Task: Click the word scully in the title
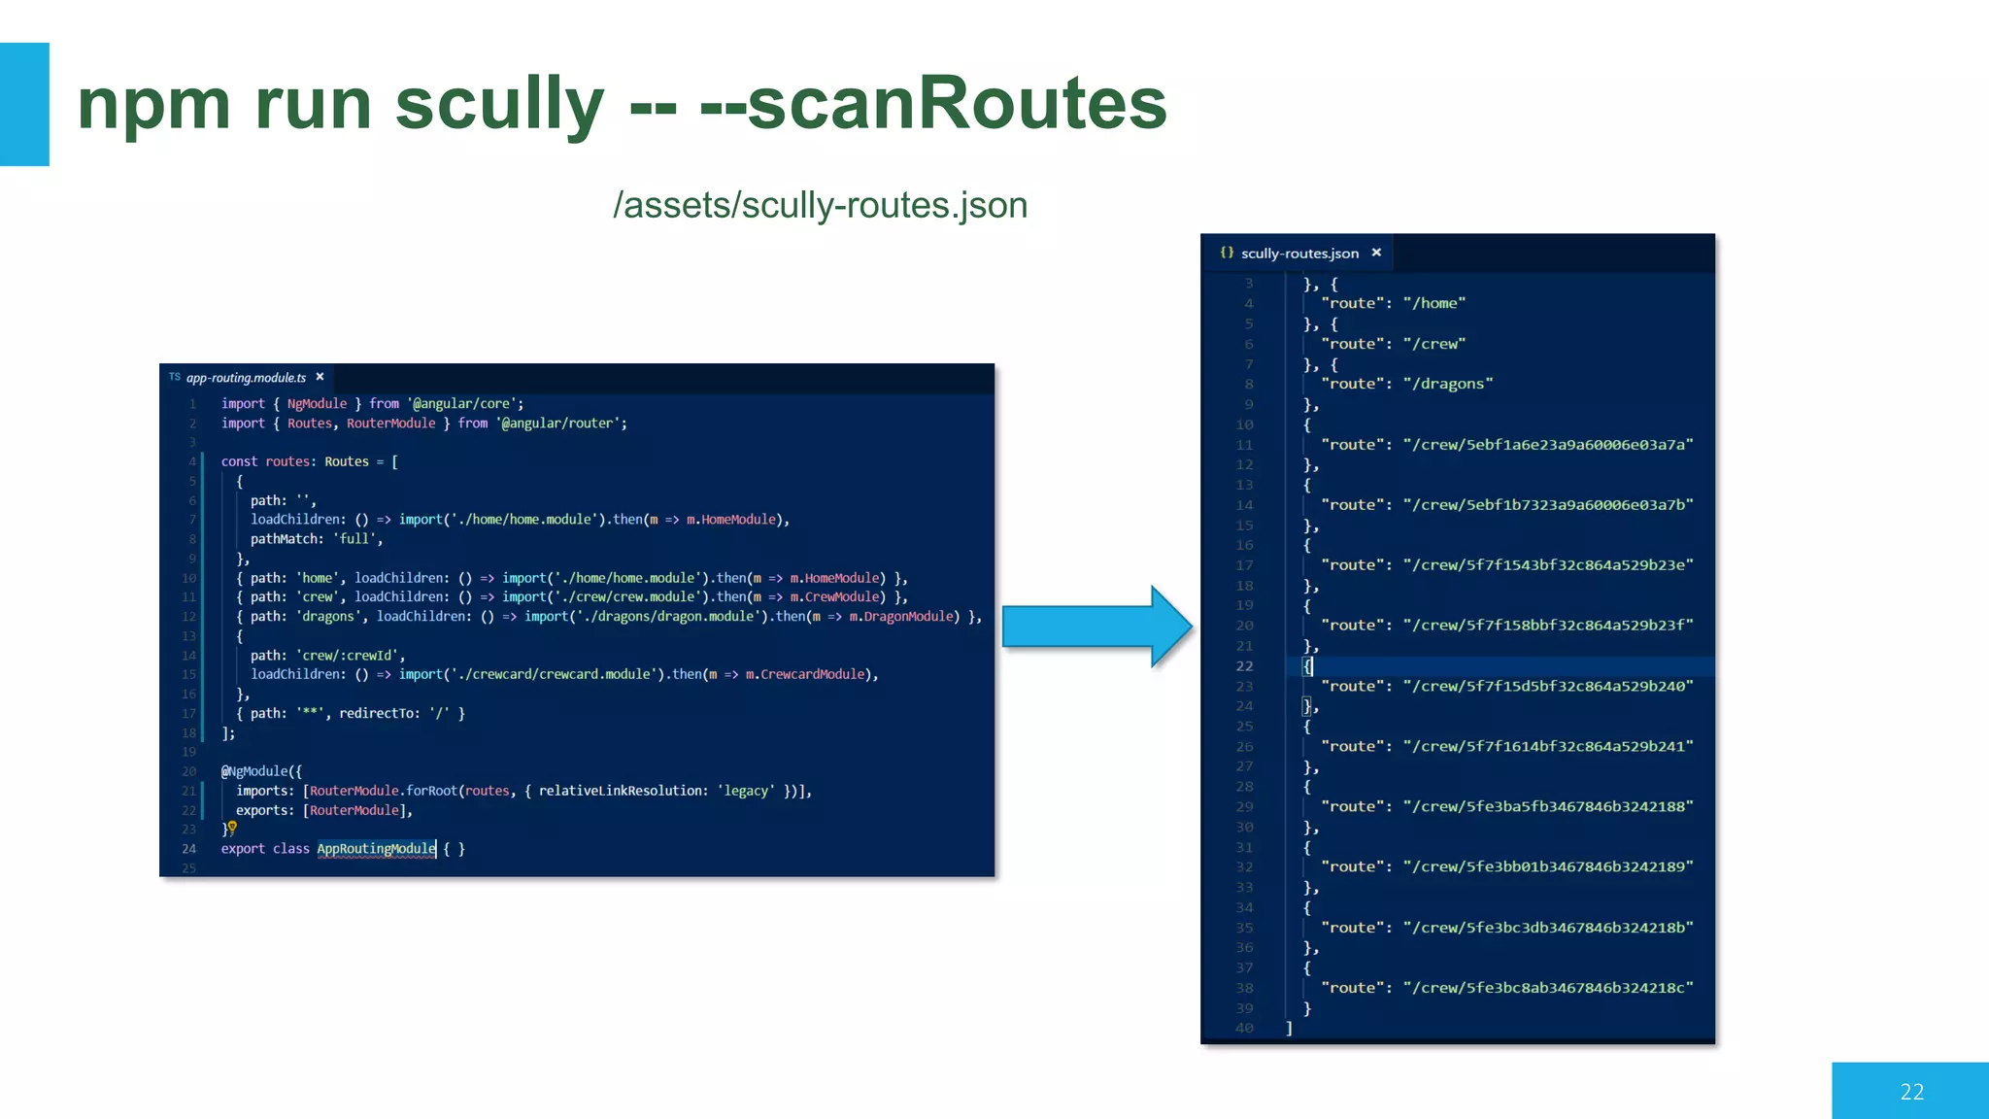499,105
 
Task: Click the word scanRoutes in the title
957,103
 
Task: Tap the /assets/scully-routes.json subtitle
820,206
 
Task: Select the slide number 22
1911,1092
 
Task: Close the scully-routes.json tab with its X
1376,253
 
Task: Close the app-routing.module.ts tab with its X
320,377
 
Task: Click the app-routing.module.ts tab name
246,378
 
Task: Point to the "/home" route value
1434,303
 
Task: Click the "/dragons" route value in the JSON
1448,384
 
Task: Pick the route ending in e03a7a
1548,445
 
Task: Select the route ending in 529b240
1548,686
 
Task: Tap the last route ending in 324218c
1548,988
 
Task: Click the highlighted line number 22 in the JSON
1244,666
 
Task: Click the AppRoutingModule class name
376,849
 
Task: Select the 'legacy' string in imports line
746,791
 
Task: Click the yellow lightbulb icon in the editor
232,827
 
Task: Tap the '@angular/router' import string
560,424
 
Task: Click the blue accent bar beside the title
24,104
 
